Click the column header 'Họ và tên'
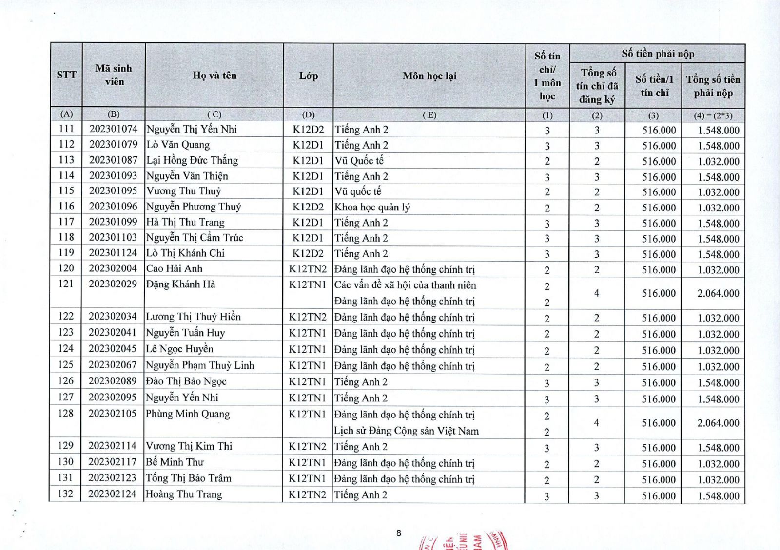click(214, 76)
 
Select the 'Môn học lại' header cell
click(429, 76)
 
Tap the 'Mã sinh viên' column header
click(114, 75)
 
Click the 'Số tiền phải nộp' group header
click(657, 54)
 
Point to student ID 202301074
click(113, 129)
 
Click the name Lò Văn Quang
click(178, 145)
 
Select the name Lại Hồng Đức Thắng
click(192, 160)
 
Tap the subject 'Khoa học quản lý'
click(372, 207)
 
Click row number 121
click(66, 284)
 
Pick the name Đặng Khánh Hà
click(180, 284)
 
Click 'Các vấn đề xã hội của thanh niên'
click(405, 285)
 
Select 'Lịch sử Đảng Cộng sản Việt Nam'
click(406, 431)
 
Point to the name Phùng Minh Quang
click(188, 414)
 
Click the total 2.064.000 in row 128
click(718, 423)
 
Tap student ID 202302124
click(113, 494)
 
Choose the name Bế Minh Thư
click(175, 462)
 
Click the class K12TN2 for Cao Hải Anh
click(308, 269)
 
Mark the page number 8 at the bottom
click(398, 533)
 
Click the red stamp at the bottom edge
click(463, 541)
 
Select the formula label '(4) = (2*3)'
click(713, 115)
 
